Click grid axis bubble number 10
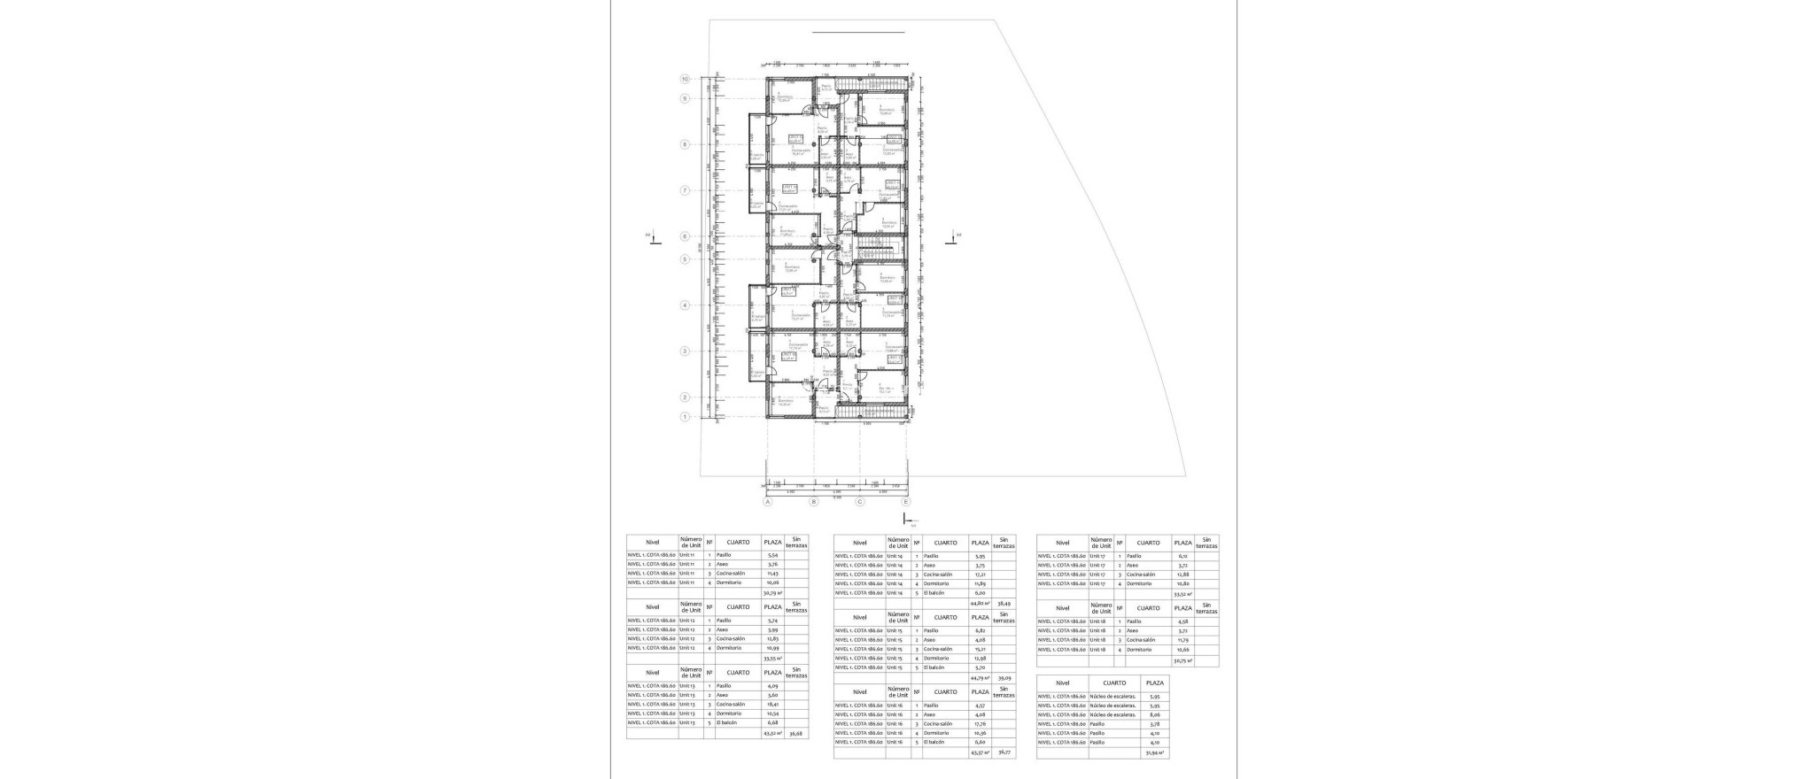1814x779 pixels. (x=685, y=79)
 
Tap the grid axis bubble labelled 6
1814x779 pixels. (x=685, y=236)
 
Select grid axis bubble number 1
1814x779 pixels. (x=685, y=416)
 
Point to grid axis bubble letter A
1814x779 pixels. (x=768, y=501)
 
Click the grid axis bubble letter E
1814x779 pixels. (x=905, y=501)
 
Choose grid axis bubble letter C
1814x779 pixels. (x=859, y=501)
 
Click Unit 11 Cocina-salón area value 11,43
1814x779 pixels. (x=772, y=573)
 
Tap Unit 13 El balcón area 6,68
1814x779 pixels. (x=772, y=722)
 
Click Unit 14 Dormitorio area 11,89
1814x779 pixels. (x=980, y=583)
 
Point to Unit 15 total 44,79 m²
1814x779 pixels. (x=980, y=677)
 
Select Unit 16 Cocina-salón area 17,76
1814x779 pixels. (x=980, y=723)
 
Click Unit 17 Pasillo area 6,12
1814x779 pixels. (x=1182, y=556)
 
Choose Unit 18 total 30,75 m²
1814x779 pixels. (x=1182, y=660)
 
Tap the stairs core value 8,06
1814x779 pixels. (x=1154, y=713)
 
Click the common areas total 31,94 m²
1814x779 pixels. (x=1154, y=752)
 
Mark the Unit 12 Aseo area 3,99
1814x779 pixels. (x=772, y=629)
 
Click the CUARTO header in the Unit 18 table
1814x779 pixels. (x=1148, y=608)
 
